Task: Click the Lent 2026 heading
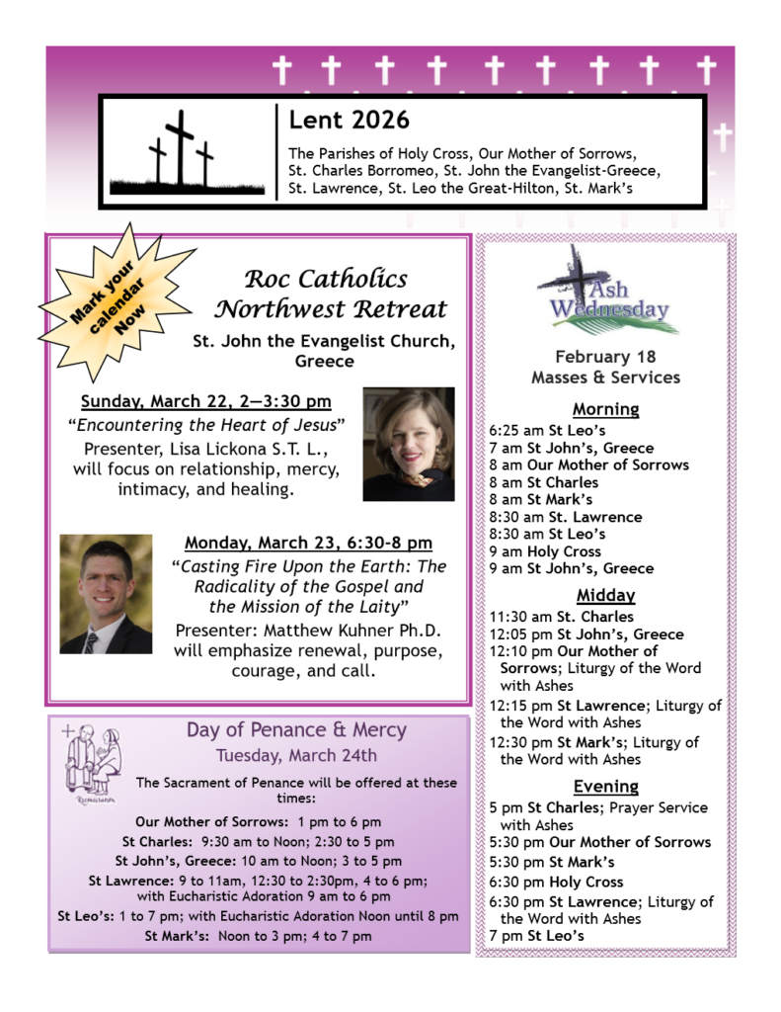coord(349,121)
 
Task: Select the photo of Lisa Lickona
coord(408,444)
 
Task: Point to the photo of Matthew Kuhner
coord(106,594)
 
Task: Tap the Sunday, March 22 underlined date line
coord(205,401)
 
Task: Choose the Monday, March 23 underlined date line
coord(308,543)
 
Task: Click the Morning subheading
coord(605,408)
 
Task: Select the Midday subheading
coord(605,595)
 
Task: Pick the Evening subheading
coord(606,786)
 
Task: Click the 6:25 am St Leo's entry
coord(547,431)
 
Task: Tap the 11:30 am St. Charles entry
coord(561,618)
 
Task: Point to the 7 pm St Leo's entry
coord(536,935)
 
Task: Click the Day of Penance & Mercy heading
coord(296,730)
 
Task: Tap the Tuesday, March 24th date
coord(296,756)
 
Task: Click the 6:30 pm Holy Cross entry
coord(557,882)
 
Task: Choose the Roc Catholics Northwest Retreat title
coord(331,294)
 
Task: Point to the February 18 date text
coord(605,357)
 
